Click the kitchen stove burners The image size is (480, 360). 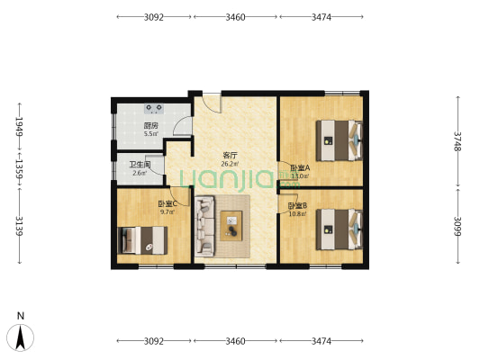(154, 108)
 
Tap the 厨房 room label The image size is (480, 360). (151, 126)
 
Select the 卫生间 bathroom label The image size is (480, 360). (140, 166)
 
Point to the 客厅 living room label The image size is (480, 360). (230, 156)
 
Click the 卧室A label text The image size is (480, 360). (300, 168)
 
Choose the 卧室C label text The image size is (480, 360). (168, 203)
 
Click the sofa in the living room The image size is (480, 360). (204, 226)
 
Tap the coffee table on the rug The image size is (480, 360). (231, 226)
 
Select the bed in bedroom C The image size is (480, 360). (142, 240)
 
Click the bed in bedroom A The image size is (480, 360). (340, 140)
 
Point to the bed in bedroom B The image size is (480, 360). (340, 229)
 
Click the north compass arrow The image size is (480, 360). (20, 337)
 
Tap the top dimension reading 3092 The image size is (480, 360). (154, 17)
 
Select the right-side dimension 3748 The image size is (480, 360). (457, 141)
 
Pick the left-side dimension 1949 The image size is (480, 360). (20, 126)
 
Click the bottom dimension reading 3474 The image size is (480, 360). (322, 341)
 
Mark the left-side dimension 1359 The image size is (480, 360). (20, 169)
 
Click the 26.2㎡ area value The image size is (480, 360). (230, 164)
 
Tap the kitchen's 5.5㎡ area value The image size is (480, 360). (151, 134)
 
